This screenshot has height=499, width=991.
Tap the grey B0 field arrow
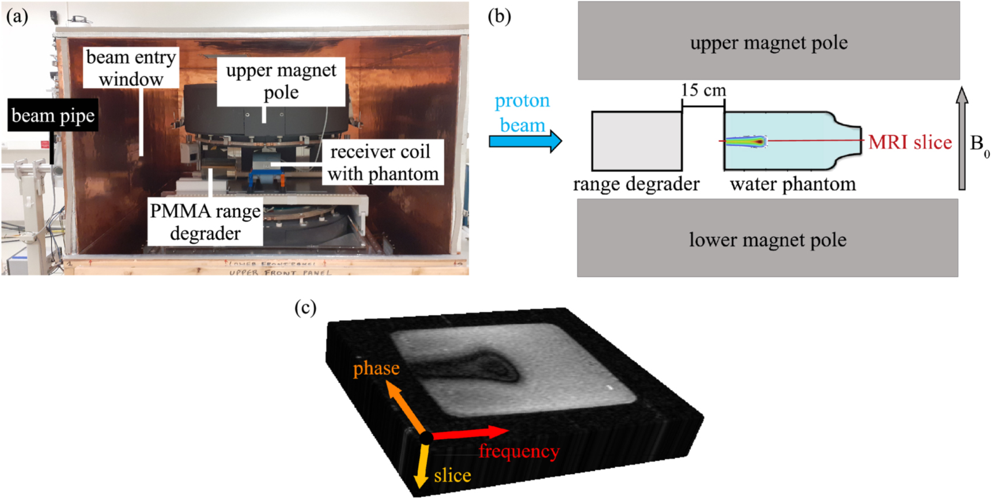[962, 138]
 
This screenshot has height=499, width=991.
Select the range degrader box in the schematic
[637, 141]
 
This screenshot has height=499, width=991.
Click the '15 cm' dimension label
[703, 90]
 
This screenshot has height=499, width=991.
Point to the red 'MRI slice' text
[910, 142]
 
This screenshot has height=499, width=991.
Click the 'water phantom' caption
[793, 184]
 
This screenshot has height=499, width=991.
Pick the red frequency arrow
[470, 433]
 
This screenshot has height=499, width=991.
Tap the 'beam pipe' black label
[53, 116]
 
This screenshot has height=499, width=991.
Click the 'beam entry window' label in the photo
[131, 68]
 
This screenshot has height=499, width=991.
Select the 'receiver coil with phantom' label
[383, 163]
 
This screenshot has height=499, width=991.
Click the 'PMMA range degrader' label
[205, 222]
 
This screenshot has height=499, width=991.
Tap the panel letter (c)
[305, 308]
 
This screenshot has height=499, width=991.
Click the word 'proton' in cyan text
[522, 101]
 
